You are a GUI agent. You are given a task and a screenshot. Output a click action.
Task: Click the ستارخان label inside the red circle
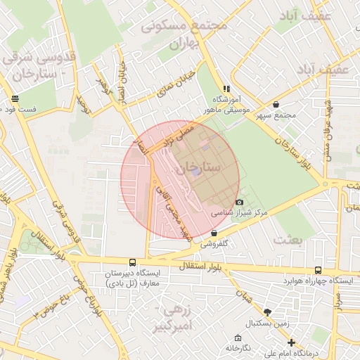[x=198, y=168]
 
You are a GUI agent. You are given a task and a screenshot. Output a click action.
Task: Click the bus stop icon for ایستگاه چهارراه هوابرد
[x=319, y=270]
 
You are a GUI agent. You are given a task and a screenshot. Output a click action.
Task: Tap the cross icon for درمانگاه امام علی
[x=292, y=342]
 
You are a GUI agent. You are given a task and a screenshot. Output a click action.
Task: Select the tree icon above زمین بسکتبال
[x=266, y=312]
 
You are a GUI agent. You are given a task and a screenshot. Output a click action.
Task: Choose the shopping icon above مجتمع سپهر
[x=275, y=104]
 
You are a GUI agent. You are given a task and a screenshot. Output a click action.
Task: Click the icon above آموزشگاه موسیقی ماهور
[x=226, y=89]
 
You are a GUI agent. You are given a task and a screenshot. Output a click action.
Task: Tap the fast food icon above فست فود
[x=15, y=99]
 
